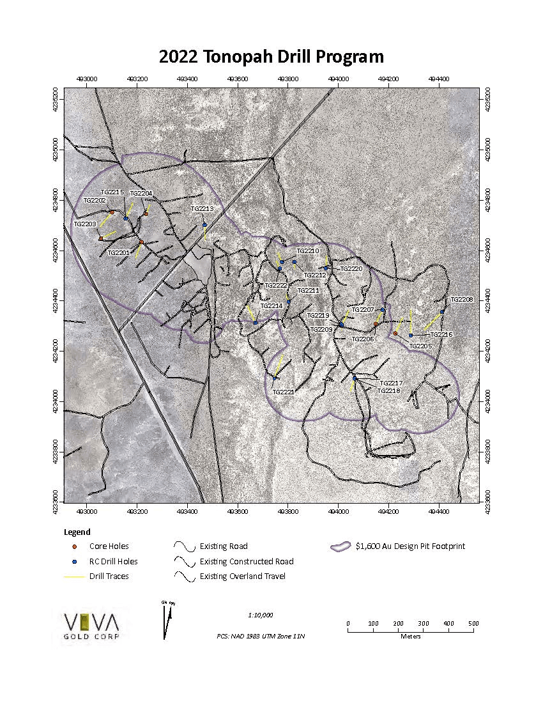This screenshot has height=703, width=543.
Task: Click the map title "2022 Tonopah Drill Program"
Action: tap(271, 56)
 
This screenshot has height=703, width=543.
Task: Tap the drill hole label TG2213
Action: tap(202, 208)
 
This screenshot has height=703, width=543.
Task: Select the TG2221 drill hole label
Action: tap(283, 392)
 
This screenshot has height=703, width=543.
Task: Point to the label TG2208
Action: tap(461, 299)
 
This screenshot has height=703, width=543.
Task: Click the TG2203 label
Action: tap(85, 224)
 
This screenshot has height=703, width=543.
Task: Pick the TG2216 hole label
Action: tap(441, 334)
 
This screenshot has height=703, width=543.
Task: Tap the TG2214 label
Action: tap(271, 305)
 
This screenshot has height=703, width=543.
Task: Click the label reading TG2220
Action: tap(351, 269)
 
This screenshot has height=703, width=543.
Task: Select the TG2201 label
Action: tap(119, 252)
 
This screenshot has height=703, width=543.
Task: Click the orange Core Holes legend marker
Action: tap(75, 546)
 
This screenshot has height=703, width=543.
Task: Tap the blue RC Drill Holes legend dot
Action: tap(75, 562)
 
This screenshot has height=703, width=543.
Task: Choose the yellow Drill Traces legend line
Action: tap(75, 576)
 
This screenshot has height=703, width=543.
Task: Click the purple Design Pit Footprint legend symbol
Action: tap(340, 546)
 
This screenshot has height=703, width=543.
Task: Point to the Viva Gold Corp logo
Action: tap(93, 624)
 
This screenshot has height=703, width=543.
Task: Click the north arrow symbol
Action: tap(167, 621)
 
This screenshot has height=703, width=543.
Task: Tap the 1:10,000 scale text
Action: tap(260, 615)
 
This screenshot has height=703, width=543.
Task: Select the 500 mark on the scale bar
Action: tap(473, 623)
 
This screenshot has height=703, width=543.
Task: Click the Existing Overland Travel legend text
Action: tap(242, 576)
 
